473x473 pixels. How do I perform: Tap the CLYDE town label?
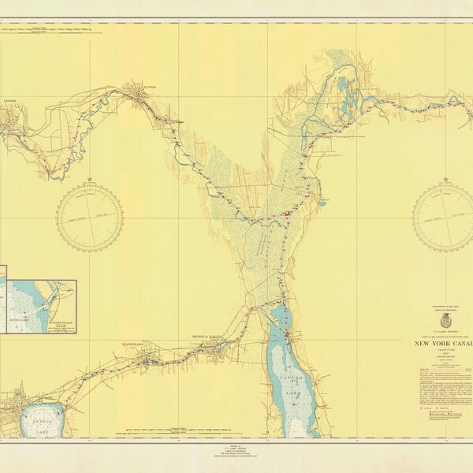pyautogui.click(x=150, y=87)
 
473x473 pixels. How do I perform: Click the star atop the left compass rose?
pyautogui.click(x=90, y=180)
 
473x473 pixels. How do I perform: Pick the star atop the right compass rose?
pyautogui.click(x=446, y=180)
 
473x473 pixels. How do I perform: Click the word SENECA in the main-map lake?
pyautogui.click(x=35, y=423)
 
